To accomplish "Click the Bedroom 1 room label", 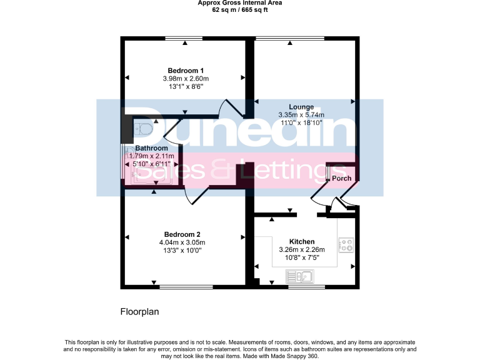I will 186,70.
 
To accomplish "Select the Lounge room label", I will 301,107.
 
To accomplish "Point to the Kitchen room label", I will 301,241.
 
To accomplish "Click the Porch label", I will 341,179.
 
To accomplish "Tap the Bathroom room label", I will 152,148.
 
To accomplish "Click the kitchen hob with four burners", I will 345,245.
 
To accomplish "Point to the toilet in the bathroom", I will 143,129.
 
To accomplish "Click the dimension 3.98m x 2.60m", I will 186,79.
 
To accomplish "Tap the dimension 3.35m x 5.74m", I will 301,115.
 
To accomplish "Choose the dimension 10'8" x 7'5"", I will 301,257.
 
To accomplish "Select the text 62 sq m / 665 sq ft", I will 240,10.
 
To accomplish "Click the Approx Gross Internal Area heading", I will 240,3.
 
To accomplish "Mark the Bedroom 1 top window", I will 185,39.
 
